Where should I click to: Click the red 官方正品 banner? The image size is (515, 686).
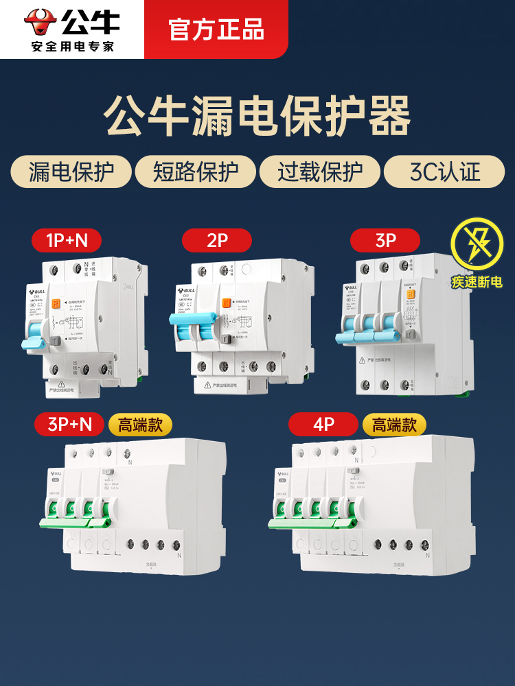click(x=216, y=30)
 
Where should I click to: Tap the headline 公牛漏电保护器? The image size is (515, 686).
click(x=257, y=116)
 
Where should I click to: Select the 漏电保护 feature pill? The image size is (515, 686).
click(x=71, y=171)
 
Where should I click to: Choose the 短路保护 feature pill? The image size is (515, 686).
click(x=194, y=171)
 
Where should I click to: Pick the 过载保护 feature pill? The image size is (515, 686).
click(x=319, y=171)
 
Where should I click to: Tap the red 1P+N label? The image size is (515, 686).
click(x=66, y=240)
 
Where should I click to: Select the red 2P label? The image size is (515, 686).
click(x=216, y=240)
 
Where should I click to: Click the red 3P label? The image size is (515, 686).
click(x=385, y=240)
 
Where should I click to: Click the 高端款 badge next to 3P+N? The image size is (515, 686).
click(x=140, y=425)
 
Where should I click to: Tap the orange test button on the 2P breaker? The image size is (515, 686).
click(x=225, y=303)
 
